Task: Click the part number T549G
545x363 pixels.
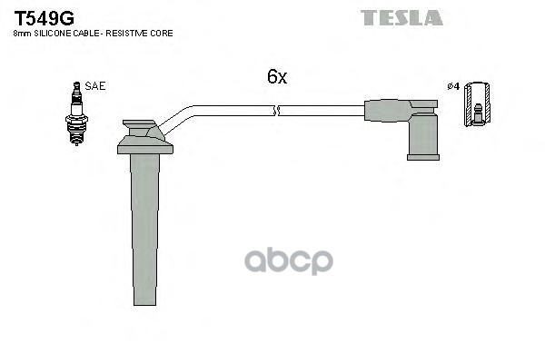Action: (x=45, y=18)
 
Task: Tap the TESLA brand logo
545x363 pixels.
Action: (x=401, y=18)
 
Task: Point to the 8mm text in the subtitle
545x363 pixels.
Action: (x=22, y=34)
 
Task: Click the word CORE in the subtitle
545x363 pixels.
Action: (x=162, y=34)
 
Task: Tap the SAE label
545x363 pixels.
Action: (x=94, y=86)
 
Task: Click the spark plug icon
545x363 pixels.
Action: (x=77, y=113)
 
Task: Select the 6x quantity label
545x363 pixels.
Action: (x=277, y=76)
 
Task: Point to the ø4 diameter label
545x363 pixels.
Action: (x=453, y=86)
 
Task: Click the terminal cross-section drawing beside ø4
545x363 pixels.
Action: (x=478, y=104)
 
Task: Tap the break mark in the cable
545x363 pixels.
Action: (x=277, y=111)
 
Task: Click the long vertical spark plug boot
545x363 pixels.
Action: (x=145, y=230)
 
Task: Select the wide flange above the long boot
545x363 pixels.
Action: (x=145, y=145)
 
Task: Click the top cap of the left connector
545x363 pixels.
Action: (x=139, y=123)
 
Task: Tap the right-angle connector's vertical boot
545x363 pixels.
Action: (x=423, y=135)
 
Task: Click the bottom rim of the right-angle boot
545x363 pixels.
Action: (x=423, y=158)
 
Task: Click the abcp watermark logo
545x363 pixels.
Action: (x=289, y=260)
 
